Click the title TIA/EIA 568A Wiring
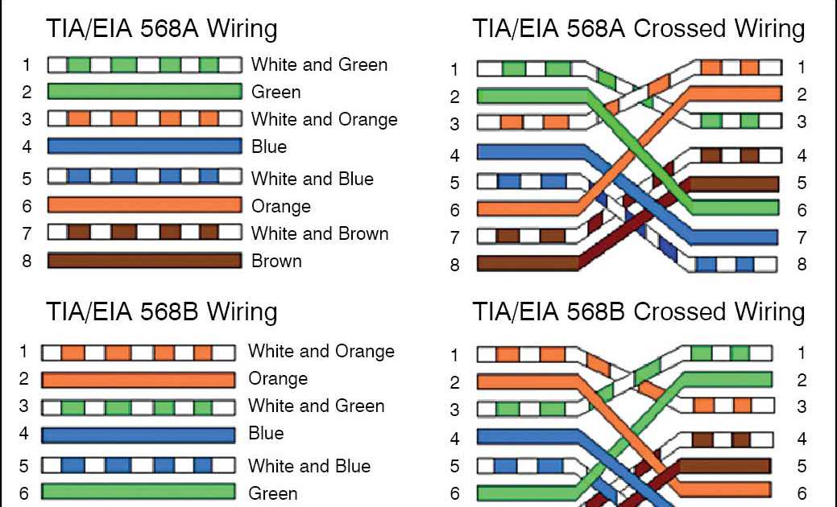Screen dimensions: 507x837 click(x=162, y=29)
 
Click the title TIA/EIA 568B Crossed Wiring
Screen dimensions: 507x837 click(x=638, y=312)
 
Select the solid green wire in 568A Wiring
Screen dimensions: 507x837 click(x=144, y=91)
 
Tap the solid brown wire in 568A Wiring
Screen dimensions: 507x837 click(x=144, y=261)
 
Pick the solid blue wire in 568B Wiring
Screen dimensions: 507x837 click(x=138, y=435)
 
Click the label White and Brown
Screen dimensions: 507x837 click(x=320, y=233)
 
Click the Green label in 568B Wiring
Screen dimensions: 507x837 click(x=273, y=493)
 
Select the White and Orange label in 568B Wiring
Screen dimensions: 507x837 click(x=321, y=351)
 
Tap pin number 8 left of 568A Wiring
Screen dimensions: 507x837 click(x=27, y=261)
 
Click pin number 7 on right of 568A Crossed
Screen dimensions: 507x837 click(x=802, y=237)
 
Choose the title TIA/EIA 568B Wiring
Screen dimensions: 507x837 click(x=162, y=312)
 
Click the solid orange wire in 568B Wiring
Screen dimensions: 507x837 click(x=138, y=379)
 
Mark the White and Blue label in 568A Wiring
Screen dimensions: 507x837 click(x=312, y=179)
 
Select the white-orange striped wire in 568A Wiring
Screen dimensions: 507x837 click(x=144, y=119)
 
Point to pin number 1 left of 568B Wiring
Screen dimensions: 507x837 click(x=24, y=352)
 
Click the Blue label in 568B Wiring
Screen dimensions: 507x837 click(x=266, y=433)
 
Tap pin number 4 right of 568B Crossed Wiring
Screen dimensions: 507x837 click(x=802, y=439)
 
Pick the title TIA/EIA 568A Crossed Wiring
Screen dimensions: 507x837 click(x=638, y=29)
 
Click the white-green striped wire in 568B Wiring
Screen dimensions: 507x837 click(x=138, y=407)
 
